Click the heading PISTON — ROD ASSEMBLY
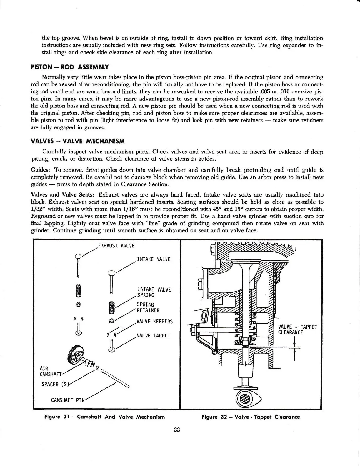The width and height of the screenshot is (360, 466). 70,67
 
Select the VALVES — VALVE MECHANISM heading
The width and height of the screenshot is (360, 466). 78,141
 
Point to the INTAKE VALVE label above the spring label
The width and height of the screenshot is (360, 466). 154,259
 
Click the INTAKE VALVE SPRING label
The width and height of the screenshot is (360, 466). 154,292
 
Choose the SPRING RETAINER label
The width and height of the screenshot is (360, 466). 148,307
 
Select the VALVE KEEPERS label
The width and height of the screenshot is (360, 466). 154,322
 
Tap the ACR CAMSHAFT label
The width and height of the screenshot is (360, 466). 51,371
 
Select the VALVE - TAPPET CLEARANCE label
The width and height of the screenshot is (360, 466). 297,330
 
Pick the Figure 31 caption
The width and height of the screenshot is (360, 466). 104,417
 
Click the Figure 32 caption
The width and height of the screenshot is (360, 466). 251,417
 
